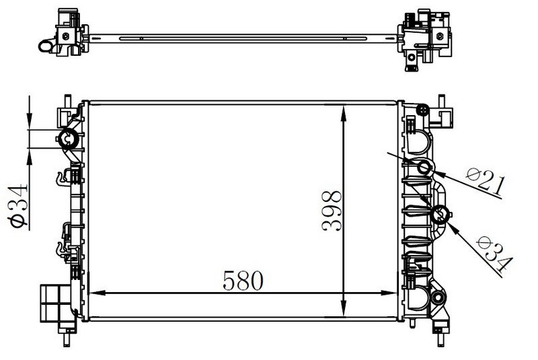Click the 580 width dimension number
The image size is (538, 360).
point(243,280)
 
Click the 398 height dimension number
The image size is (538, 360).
point(332,211)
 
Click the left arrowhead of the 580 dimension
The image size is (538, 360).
point(97,293)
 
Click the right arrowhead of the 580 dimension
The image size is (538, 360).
point(389,293)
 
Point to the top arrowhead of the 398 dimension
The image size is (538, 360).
point(344,113)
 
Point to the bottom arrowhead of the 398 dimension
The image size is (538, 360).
point(344,308)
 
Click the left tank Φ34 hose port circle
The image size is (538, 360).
point(69,139)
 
